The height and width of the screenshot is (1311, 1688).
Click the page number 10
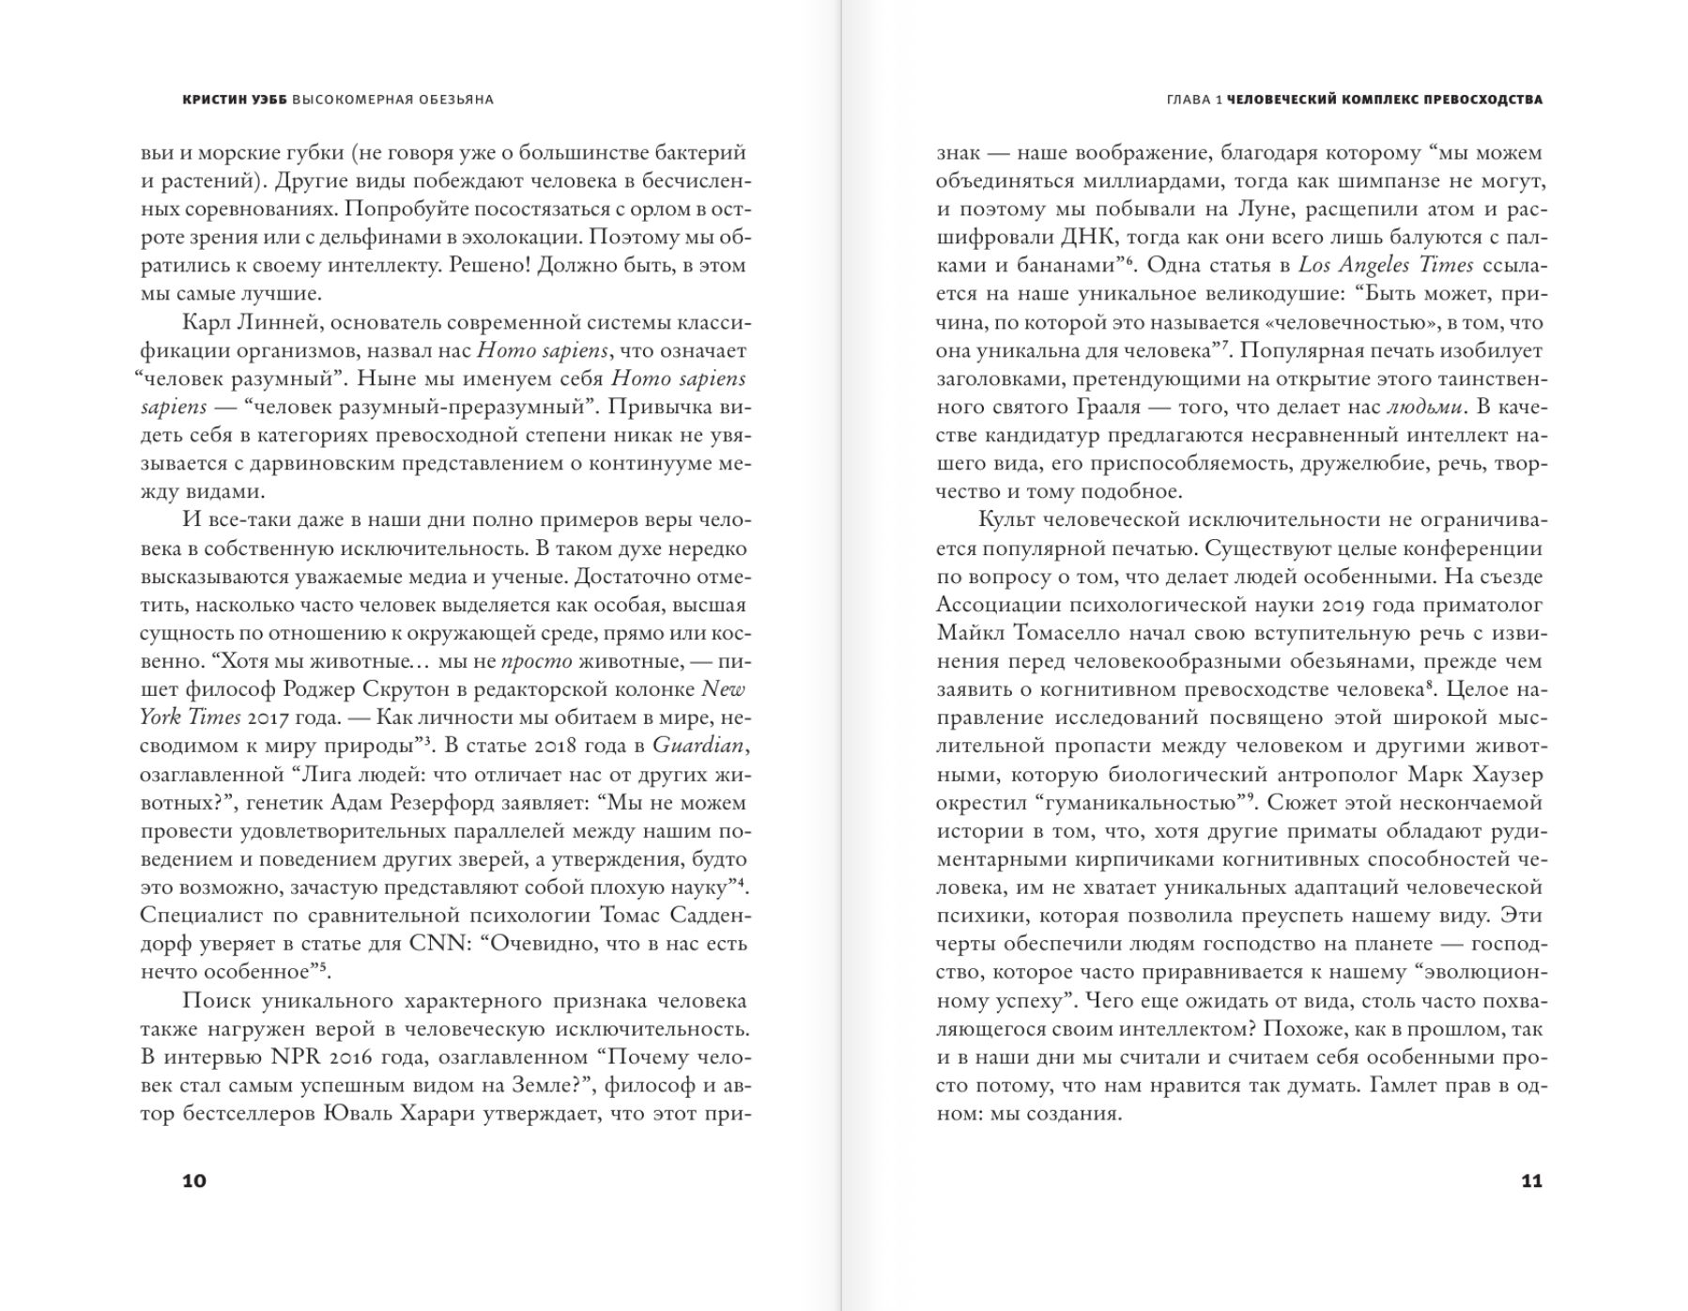(193, 1180)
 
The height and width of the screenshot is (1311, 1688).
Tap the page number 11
(1531, 1180)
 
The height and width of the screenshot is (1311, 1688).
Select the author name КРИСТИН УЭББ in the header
(235, 100)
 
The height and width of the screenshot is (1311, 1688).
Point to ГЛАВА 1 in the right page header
(1193, 100)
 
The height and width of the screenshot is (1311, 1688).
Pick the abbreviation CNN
(438, 943)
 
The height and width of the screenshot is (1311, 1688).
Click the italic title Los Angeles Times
(1386, 265)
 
